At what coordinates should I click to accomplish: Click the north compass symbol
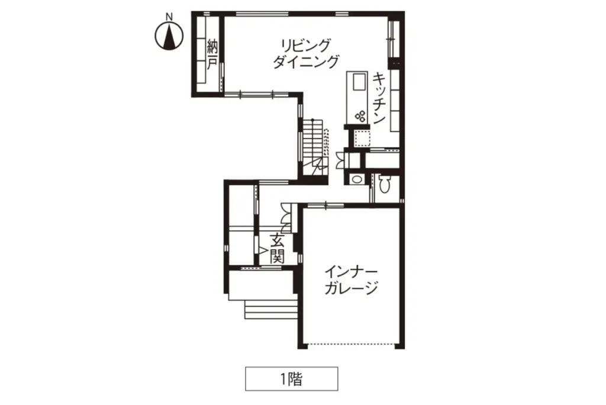pyautogui.click(x=169, y=36)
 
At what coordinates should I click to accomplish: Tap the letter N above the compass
pyautogui.click(x=169, y=17)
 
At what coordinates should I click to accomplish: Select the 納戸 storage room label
pyautogui.click(x=212, y=54)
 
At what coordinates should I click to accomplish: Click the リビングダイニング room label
pyautogui.click(x=306, y=53)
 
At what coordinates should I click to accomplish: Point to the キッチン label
pyautogui.click(x=379, y=98)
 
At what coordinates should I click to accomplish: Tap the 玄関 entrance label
pyautogui.click(x=277, y=249)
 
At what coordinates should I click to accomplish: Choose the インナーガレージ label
pyautogui.click(x=351, y=280)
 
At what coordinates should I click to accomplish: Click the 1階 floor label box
pyautogui.click(x=292, y=379)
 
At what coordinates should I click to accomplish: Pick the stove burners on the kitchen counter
pyautogui.click(x=360, y=116)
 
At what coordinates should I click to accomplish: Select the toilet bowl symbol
pyautogui.click(x=383, y=184)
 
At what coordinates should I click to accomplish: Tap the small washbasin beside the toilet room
pyautogui.click(x=356, y=179)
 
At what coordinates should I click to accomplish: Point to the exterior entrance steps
pyautogui.click(x=271, y=309)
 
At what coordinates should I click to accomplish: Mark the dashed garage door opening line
pyautogui.click(x=351, y=343)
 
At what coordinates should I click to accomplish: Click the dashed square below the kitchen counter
pyautogui.click(x=362, y=139)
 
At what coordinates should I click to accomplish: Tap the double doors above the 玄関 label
pyautogui.click(x=286, y=218)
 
